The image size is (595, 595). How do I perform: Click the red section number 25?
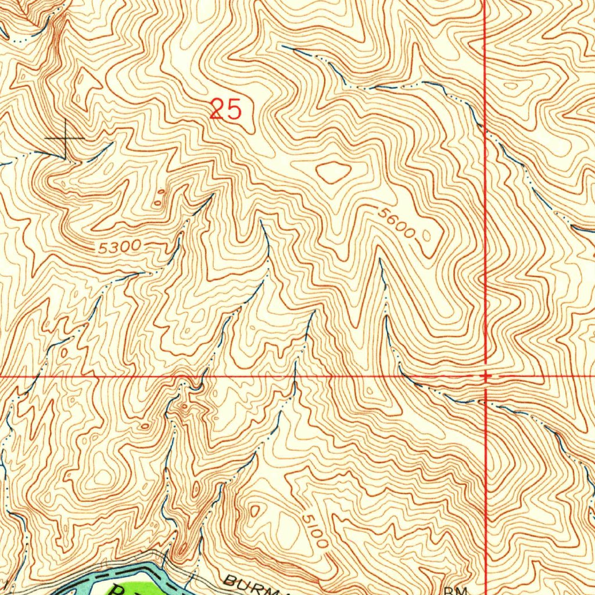click(x=225, y=109)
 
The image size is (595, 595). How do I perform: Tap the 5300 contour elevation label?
click(x=119, y=247)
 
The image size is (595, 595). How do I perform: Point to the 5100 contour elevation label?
click(x=314, y=528)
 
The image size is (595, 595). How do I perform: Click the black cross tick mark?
click(x=65, y=139)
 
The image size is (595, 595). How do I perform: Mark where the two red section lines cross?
click(x=486, y=377)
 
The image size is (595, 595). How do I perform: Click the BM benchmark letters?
click(x=456, y=590)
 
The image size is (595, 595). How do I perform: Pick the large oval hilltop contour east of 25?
click(x=334, y=172)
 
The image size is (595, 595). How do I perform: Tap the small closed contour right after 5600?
click(x=428, y=235)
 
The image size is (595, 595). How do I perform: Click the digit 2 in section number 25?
click(x=218, y=109)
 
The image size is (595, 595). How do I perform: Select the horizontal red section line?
click(x=232, y=377)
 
